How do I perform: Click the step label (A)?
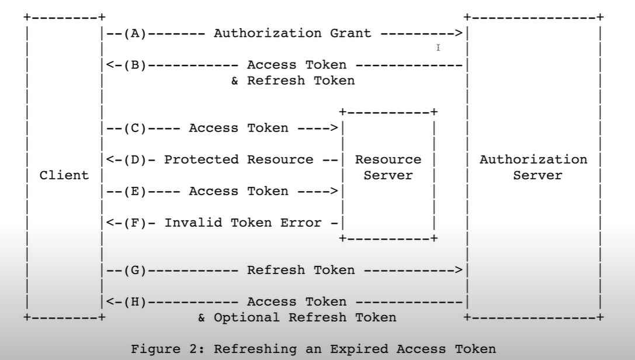tap(135, 33)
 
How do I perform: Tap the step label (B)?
tap(135, 65)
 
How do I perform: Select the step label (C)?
tap(135, 128)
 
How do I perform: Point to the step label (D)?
tap(135, 160)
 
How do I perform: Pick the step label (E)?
tap(135, 191)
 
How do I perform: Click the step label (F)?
tap(135, 223)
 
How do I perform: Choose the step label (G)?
tap(135, 270)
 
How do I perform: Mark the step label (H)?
tap(135, 302)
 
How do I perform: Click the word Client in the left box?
tap(64, 175)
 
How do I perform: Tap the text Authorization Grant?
tap(293, 33)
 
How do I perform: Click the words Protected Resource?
tap(238, 160)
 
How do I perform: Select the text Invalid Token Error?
tap(243, 223)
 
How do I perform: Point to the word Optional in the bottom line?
tap(247, 317)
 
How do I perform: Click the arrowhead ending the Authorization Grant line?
tap(459, 33)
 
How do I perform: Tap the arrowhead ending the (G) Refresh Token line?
tap(459, 270)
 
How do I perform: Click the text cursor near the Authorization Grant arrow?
tap(438, 48)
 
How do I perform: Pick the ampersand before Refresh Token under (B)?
tap(235, 81)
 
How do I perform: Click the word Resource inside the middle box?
tap(388, 160)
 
